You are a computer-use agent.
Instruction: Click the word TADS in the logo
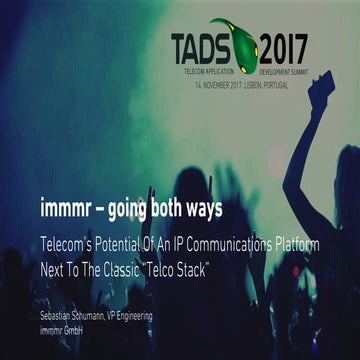[x=204, y=48]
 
